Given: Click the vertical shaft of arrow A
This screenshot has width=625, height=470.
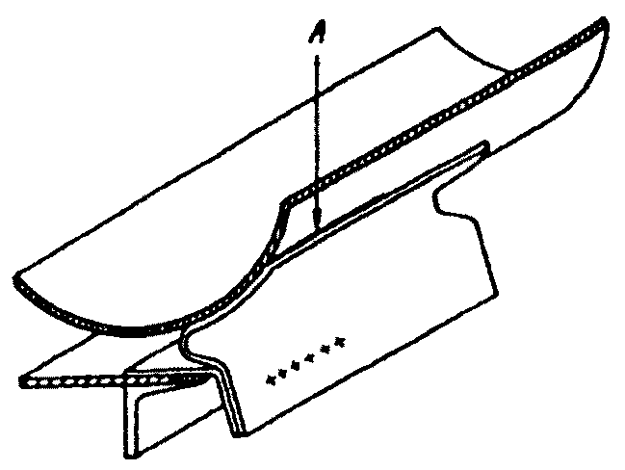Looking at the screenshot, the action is [314, 135].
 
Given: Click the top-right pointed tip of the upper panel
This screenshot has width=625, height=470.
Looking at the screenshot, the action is [604, 21].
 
